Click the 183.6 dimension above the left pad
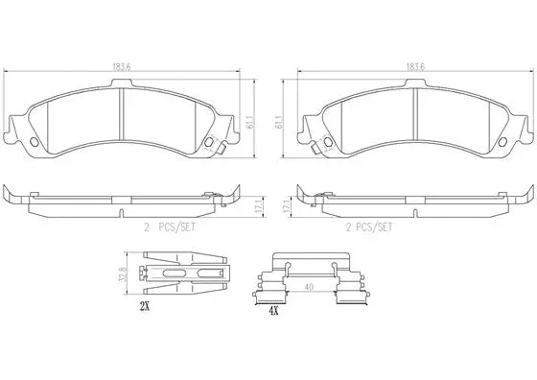tap(120, 66)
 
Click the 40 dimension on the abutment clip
tap(308, 285)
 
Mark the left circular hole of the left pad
tap(37, 145)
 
